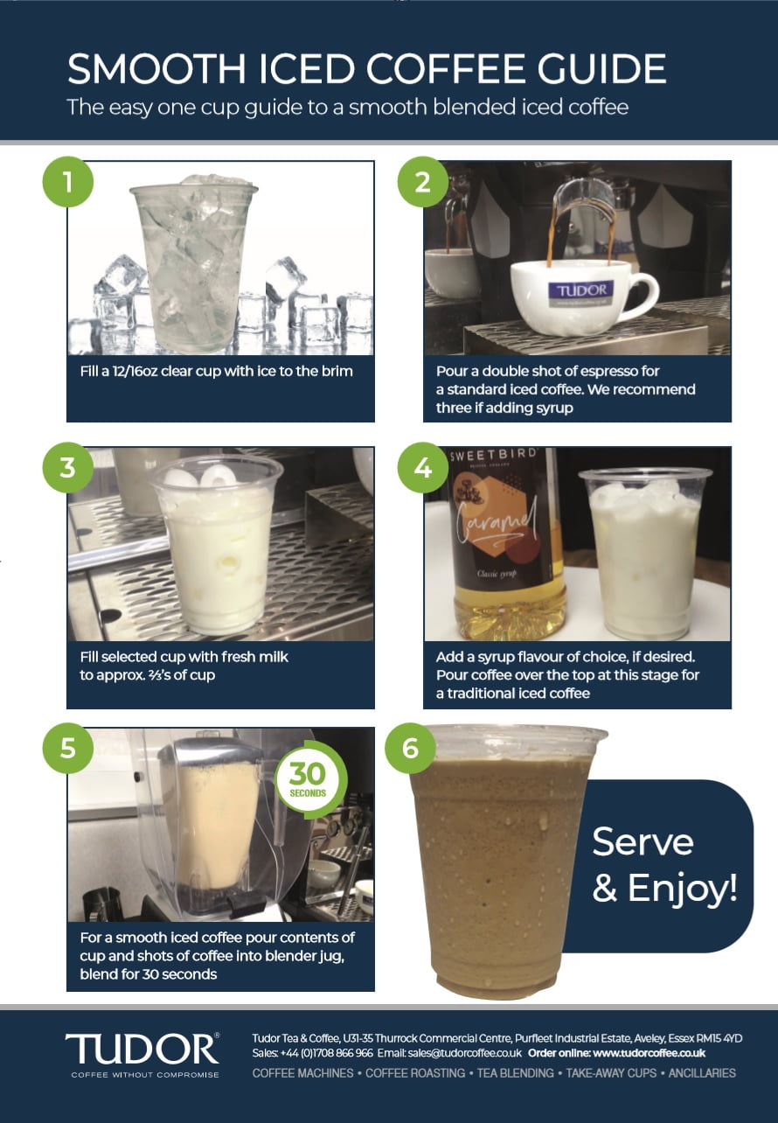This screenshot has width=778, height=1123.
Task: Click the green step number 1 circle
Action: pyautogui.click(x=68, y=182)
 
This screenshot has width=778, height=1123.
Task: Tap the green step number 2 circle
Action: pyautogui.click(x=423, y=182)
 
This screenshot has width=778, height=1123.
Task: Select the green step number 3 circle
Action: pyautogui.click(x=68, y=468)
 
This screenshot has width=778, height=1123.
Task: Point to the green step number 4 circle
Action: pyautogui.click(x=423, y=468)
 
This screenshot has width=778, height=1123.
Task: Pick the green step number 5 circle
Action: pyautogui.click(x=68, y=748)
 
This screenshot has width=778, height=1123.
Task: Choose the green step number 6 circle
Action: pyautogui.click(x=410, y=748)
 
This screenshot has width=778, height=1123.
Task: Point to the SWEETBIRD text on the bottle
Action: pyautogui.click(x=493, y=455)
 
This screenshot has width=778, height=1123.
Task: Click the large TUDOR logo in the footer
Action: pyautogui.click(x=142, y=1049)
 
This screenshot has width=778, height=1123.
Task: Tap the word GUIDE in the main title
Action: pyautogui.click(x=602, y=69)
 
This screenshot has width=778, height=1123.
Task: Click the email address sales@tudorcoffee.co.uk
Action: pyautogui.click(x=465, y=1053)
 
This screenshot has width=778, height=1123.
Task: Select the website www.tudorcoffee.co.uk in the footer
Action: pyautogui.click(x=649, y=1053)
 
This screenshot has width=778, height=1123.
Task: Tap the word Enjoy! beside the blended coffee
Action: pyautogui.click(x=683, y=889)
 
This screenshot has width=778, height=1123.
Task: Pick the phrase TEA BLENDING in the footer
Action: pyautogui.click(x=516, y=1073)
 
